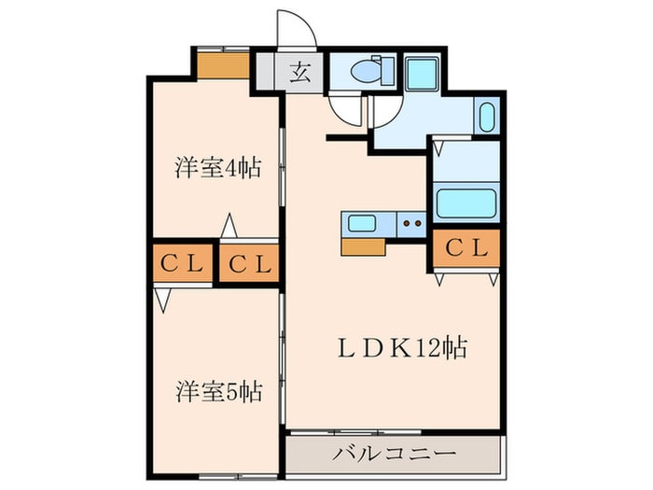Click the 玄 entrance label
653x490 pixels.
coord(300,69)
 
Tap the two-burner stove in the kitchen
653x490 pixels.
coord(411,223)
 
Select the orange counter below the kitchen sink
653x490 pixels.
coord(363,246)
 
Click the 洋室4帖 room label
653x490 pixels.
coord(216,169)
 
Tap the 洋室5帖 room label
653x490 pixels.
coord(216,391)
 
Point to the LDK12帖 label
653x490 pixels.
coord(401,349)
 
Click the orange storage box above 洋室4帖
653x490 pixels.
coord(222,66)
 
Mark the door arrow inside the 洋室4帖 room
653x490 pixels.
coord(228,225)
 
